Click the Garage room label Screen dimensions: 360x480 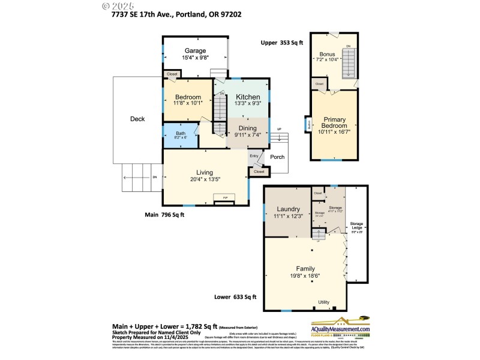[195, 51]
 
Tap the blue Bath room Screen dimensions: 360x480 [181, 135]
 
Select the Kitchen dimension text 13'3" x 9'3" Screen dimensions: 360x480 [248, 104]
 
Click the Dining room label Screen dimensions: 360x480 [248, 128]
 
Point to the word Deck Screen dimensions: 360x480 [137, 119]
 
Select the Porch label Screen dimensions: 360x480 [277, 158]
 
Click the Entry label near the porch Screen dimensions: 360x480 [254, 156]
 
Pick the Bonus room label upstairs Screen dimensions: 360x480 [327, 54]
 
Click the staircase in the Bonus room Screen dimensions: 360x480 [349, 62]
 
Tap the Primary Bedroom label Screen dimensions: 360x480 [334, 122]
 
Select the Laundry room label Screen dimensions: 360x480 [288, 209]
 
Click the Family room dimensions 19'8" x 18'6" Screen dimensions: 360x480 [305, 276]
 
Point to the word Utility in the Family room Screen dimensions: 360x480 [324, 302]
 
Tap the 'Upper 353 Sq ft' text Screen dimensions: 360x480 [282, 43]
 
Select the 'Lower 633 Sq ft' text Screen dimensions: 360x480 [236, 296]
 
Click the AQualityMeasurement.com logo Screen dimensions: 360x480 [340, 327]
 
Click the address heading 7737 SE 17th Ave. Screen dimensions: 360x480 [173, 14]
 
